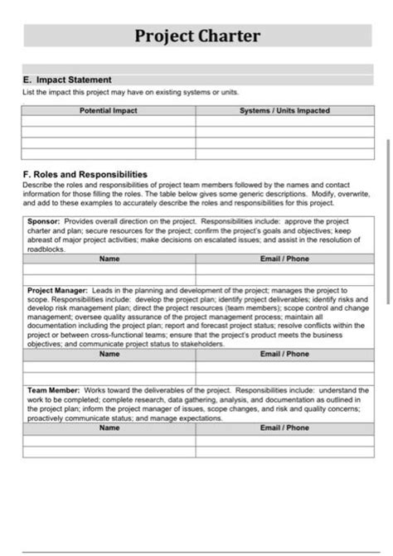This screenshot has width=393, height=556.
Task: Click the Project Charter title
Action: pos(197,36)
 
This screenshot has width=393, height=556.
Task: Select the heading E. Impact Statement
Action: pos(67,80)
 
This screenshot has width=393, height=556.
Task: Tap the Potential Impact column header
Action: pos(109,110)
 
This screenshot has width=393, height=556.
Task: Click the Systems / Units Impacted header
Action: pos(284,110)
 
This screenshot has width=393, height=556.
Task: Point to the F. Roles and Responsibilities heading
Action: pos(85,175)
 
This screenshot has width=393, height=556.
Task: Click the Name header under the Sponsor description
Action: pos(109,259)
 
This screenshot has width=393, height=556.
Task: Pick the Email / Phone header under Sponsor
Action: pos(284,259)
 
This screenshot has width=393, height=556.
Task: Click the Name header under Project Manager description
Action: pos(109,354)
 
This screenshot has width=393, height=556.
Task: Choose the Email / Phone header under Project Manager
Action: pos(284,354)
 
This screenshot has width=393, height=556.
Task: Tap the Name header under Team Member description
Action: pos(109,428)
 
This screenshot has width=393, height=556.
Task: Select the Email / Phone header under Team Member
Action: pos(284,428)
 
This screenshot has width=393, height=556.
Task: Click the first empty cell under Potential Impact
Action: pos(109,121)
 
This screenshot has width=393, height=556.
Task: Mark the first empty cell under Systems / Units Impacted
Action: pos(284,121)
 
